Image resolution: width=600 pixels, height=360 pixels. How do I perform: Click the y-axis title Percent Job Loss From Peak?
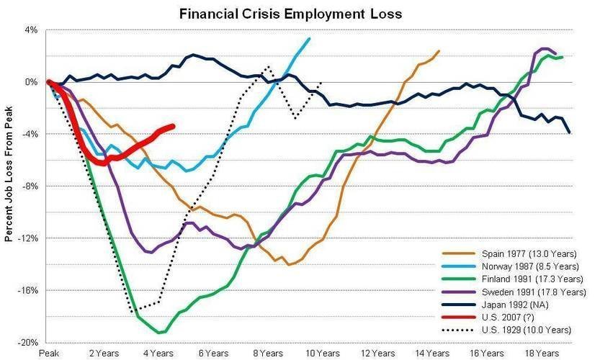coord(9,181)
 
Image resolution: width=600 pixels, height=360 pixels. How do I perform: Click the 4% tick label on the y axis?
coord(31,30)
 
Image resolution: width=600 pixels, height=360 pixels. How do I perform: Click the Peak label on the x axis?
coord(48,354)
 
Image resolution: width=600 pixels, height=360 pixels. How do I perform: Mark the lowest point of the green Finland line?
coord(161,333)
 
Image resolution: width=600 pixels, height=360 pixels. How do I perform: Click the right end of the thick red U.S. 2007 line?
coord(173,127)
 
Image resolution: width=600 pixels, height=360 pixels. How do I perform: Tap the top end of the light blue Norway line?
coord(309,39)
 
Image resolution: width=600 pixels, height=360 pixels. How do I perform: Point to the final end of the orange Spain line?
coord(439,51)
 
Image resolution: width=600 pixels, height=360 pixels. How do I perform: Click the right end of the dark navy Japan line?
coord(570,132)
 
